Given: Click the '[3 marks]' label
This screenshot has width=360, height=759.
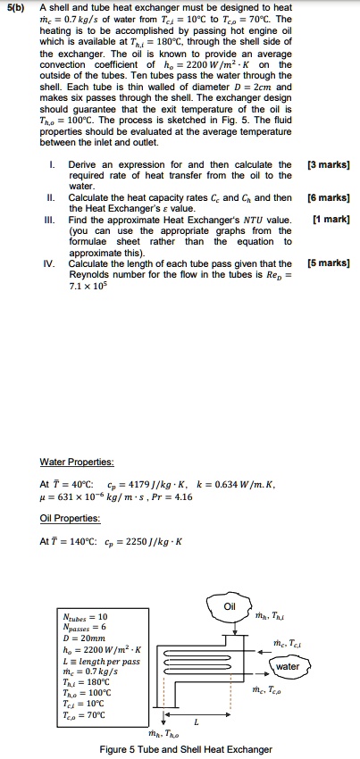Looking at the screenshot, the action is (331, 164).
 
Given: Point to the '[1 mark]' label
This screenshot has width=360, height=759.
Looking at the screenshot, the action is (331, 220).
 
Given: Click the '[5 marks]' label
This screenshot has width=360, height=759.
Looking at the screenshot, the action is (331, 263).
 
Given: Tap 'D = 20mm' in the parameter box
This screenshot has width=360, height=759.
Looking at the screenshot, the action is (80, 637).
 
